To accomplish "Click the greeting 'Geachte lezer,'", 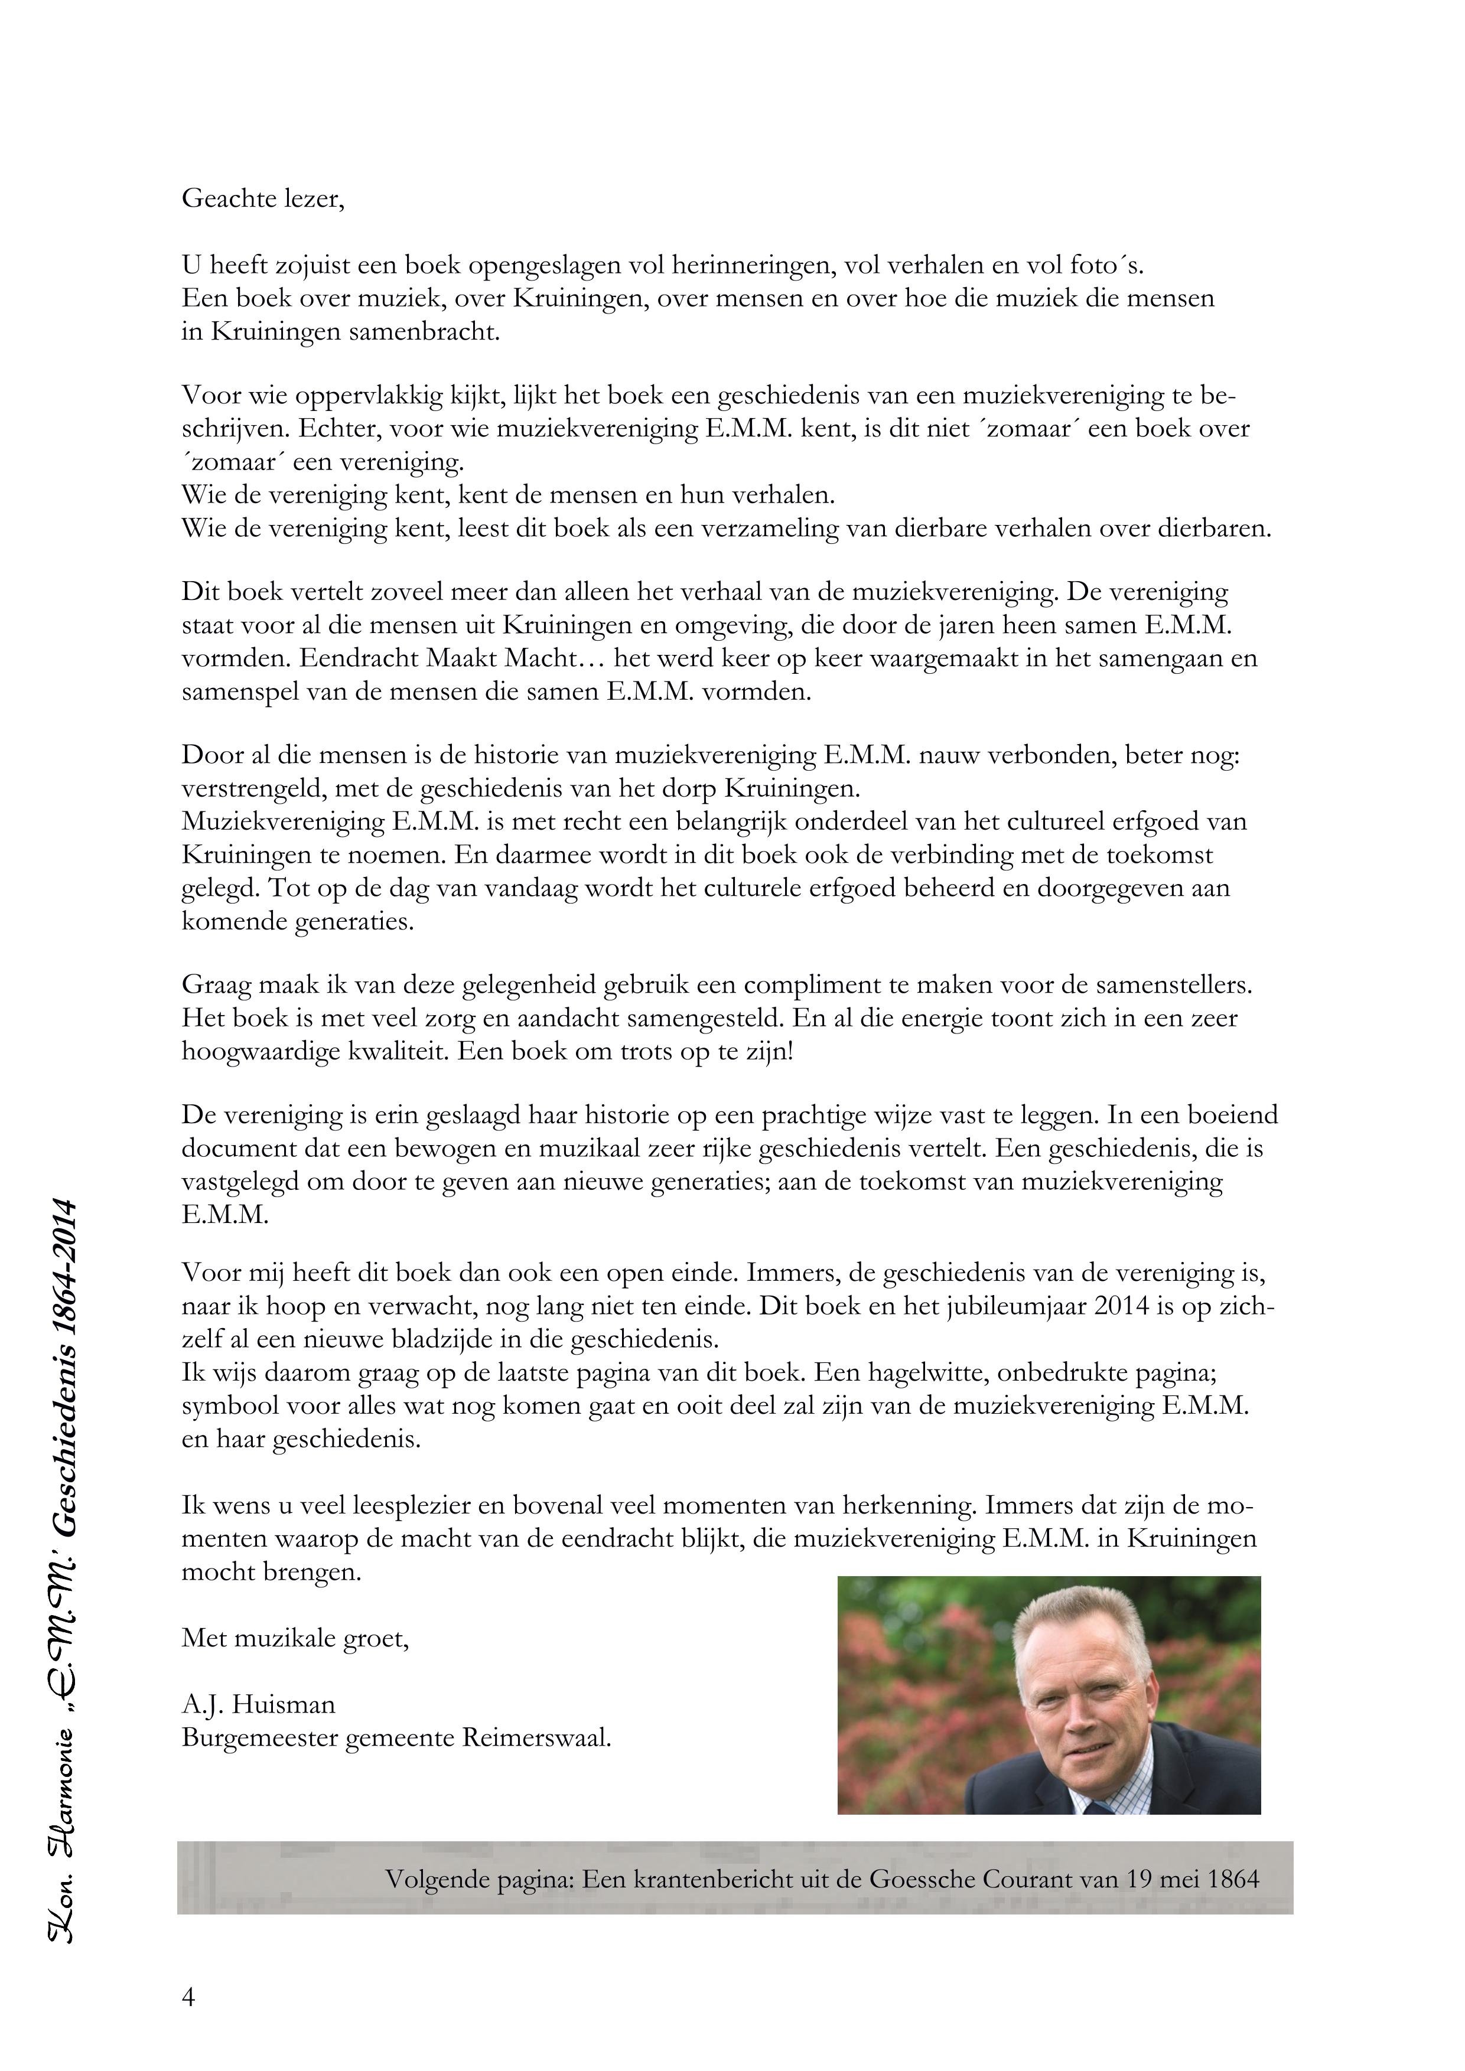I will (262, 198).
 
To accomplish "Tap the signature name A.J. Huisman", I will (258, 1705).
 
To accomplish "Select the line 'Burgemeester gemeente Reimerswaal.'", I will (396, 1737).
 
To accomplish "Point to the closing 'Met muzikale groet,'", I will (295, 1638).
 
